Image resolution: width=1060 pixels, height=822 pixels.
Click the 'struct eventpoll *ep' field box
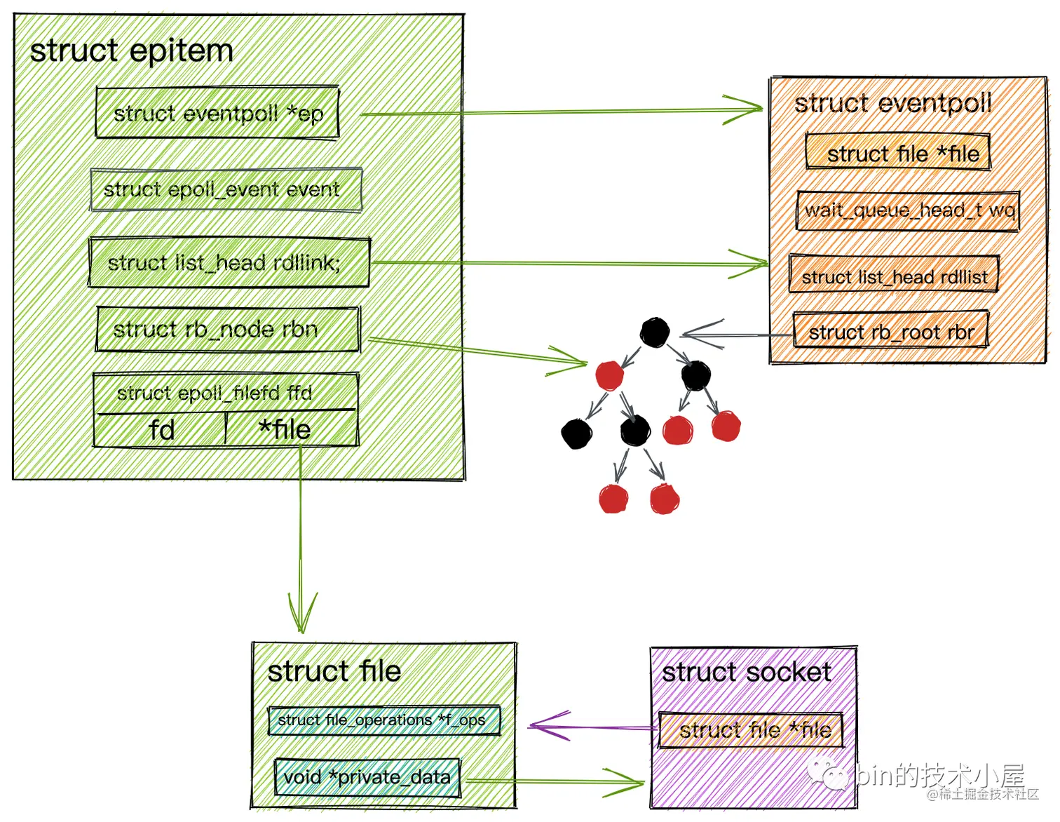tap(217, 113)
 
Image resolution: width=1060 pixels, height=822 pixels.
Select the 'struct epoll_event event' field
tap(226, 189)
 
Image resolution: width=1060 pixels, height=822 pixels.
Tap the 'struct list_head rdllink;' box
tap(229, 263)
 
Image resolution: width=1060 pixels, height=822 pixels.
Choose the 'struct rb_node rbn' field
tap(227, 329)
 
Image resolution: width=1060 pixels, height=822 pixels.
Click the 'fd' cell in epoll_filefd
tap(161, 429)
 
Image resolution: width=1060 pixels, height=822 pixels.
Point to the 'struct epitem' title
tap(132, 51)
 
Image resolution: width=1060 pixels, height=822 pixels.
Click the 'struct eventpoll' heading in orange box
tap(892, 103)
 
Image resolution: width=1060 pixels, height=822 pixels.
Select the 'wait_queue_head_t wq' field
tap(908, 210)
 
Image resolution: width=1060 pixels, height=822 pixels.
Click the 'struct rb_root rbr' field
tap(890, 331)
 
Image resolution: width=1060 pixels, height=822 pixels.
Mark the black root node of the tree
tap(655, 332)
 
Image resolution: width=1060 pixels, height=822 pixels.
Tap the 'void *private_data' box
tap(367, 777)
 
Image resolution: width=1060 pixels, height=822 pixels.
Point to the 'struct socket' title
tap(747, 672)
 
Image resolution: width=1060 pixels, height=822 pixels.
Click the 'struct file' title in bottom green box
tap(334, 671)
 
